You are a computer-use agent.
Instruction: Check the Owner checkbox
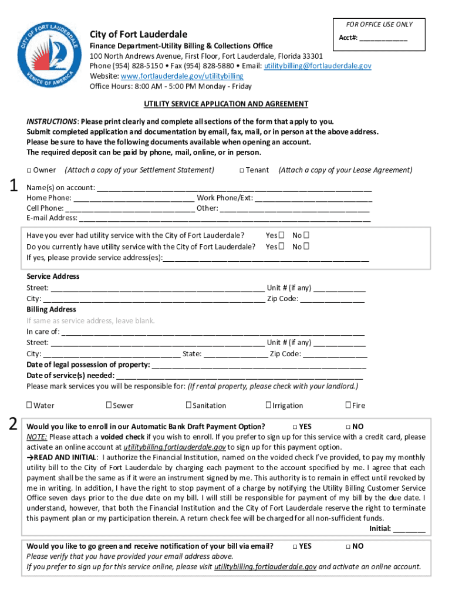coord(29,170)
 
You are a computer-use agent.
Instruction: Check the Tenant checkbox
coord(242,170)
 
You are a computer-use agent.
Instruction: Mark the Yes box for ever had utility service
coord(282,235)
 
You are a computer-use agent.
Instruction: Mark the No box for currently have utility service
coord(306,247)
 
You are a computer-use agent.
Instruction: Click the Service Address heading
coord(53,276)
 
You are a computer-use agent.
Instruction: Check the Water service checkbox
coord(29,405)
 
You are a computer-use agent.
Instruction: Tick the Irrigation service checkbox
coord(268,405)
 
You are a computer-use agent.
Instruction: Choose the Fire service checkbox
coord(348,405)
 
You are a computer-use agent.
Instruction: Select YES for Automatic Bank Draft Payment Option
coord(295,427)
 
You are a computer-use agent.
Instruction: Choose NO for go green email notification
coord(348,546)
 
